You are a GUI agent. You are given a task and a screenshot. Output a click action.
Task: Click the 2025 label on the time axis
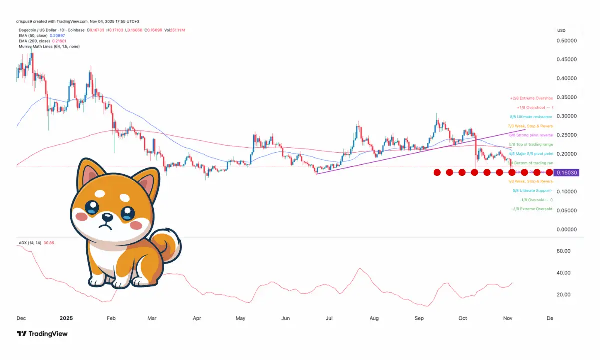(66, 318)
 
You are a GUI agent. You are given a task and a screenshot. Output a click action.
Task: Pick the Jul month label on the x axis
(329, 318)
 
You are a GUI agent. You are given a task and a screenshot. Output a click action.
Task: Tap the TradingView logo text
(48, 334)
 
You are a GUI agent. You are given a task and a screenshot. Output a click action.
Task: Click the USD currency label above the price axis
(561, 31)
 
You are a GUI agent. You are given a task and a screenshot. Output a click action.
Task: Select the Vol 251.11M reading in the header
(175, 31)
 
